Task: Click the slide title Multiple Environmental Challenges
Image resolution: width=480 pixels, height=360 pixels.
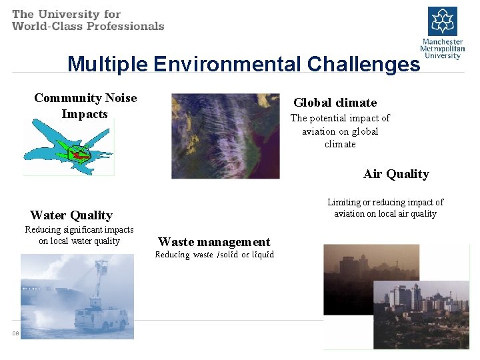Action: coord(243,64)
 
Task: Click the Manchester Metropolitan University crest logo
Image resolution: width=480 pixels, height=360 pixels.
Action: coord(442,22)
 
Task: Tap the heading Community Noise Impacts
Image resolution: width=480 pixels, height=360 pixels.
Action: coord(85,106)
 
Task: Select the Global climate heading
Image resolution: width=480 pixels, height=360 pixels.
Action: coord(335,103)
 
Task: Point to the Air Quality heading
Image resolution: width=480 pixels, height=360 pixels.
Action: coord(396,174)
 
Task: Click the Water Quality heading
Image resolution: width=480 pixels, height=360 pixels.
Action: coord(71,215)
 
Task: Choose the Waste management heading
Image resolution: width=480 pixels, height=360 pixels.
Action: coord(214,242)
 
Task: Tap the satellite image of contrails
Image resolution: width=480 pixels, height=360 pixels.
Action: coord(225,136)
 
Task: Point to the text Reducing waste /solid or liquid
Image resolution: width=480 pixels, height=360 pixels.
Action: coord(214,255)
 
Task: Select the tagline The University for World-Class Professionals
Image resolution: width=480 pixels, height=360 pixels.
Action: coord(88,20)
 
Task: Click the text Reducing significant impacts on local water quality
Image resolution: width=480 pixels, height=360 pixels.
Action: coord(79,235)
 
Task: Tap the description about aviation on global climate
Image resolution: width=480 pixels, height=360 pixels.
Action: coord(339,131)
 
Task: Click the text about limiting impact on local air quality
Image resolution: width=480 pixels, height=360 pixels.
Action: coord(385,208)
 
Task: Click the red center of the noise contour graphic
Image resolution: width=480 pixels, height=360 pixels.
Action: coord(80,155)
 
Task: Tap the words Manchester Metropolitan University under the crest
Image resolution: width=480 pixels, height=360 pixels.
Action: coord(442,49)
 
